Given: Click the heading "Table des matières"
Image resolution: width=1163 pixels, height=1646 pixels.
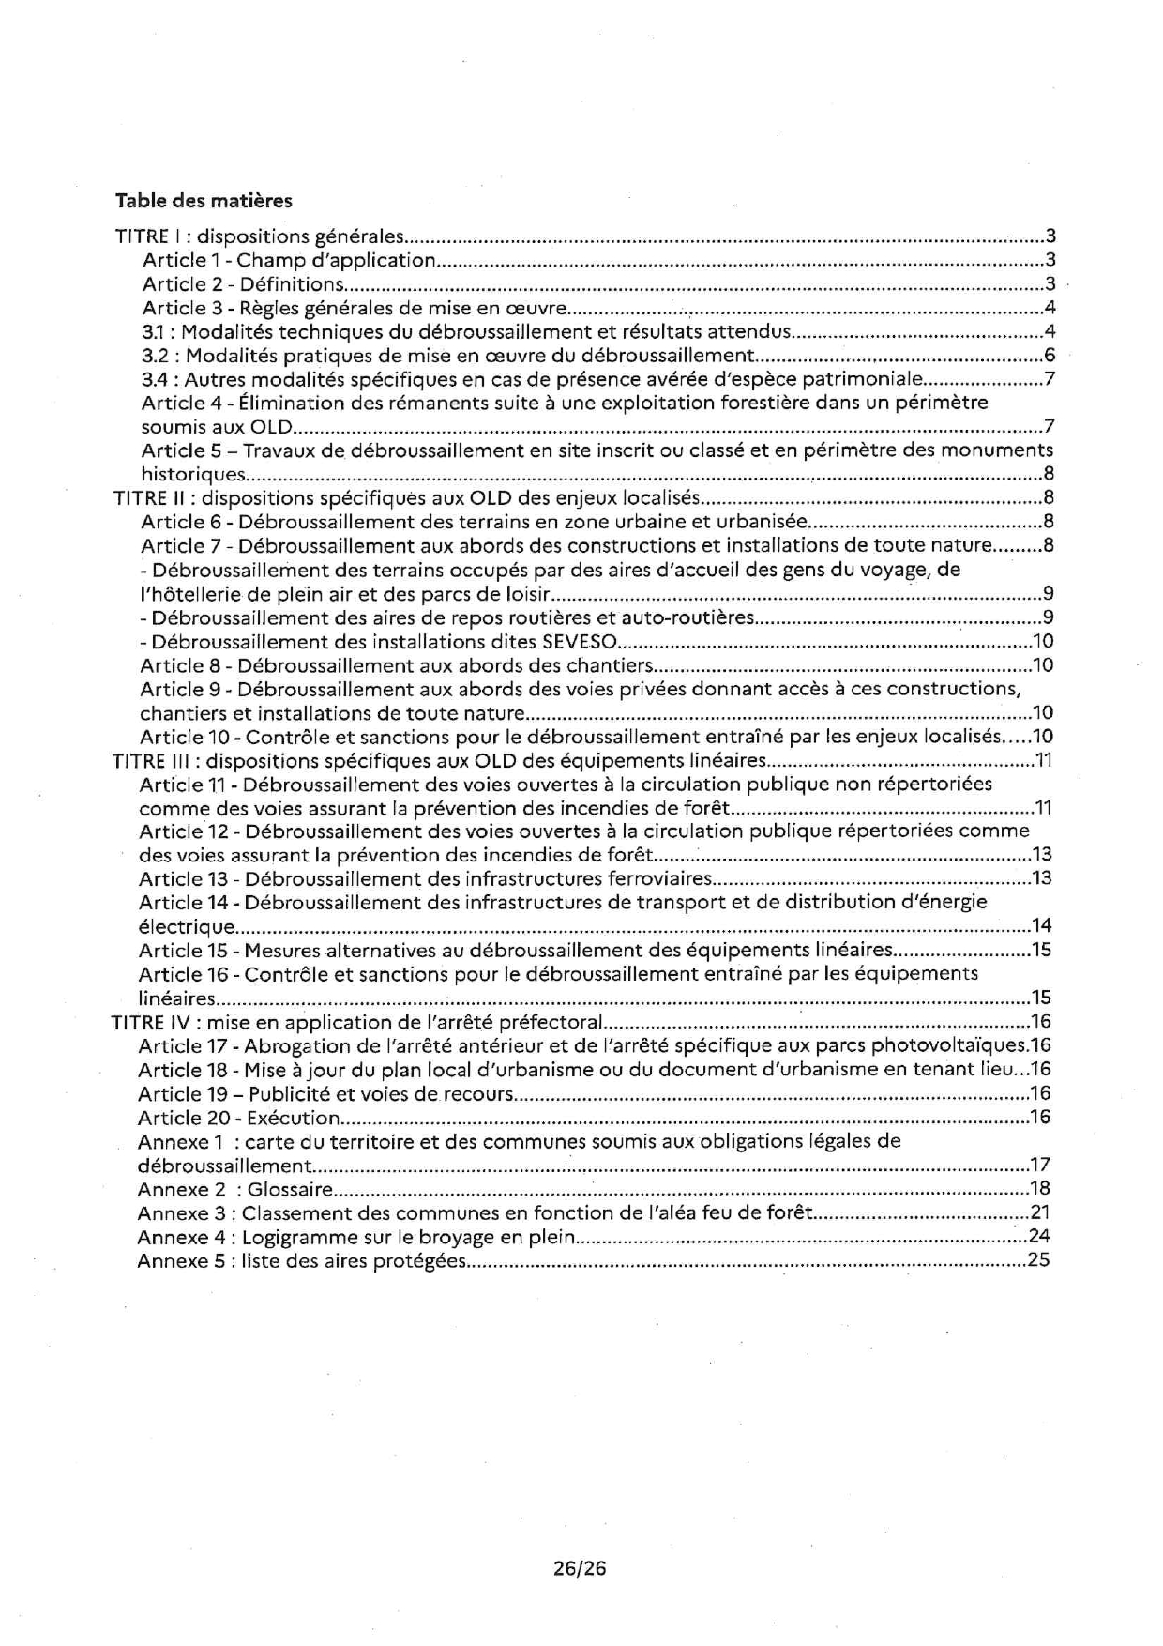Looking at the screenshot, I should click(x=204, y=201).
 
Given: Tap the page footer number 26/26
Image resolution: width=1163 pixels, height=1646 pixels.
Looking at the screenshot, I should click(x=580, y=1568).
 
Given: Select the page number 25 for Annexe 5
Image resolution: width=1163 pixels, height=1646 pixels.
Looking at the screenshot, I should click(x=1038, y=1260).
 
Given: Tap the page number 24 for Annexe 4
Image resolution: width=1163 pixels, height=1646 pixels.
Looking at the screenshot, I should click(x=1038, y=1237).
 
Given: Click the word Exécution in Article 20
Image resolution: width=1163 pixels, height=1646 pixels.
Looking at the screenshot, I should click(x=293, y=1118).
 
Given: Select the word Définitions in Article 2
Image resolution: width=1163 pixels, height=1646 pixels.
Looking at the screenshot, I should click(x=292, y=284).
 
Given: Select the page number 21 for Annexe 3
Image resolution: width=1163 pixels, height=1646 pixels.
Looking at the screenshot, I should click(x=1039, y=1213).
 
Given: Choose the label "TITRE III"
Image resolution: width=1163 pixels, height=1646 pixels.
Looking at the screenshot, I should click(x=151, y=760).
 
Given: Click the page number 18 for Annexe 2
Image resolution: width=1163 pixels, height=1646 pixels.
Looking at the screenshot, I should click(x=1039, y=1190).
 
